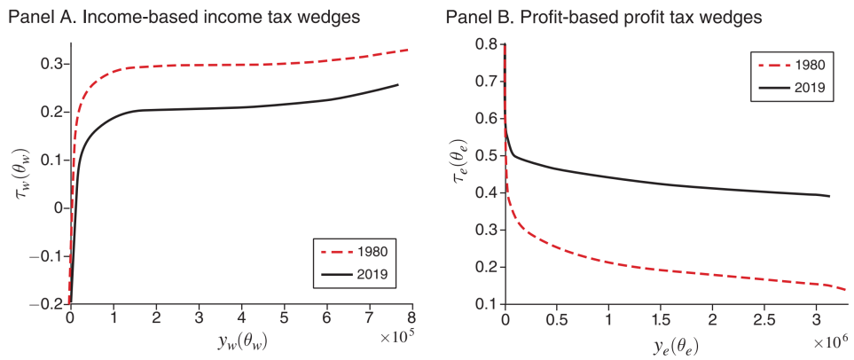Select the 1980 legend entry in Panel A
[370, 251]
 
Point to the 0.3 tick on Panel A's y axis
[50, 64]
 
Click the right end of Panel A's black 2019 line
[397, 84]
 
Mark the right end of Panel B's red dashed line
[844, 290]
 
